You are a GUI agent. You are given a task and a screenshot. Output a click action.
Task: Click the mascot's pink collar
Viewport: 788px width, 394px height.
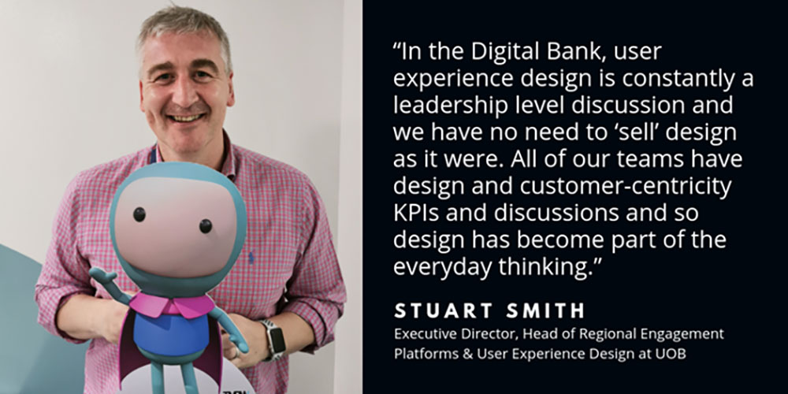[x=171, y=305]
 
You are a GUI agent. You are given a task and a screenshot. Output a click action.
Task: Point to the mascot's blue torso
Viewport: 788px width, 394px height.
[x=171, y=334]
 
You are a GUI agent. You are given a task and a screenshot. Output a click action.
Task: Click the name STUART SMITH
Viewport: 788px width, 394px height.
[x=489, y=310]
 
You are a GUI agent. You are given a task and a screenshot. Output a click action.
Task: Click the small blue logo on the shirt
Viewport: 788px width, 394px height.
[x=251, y=258]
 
